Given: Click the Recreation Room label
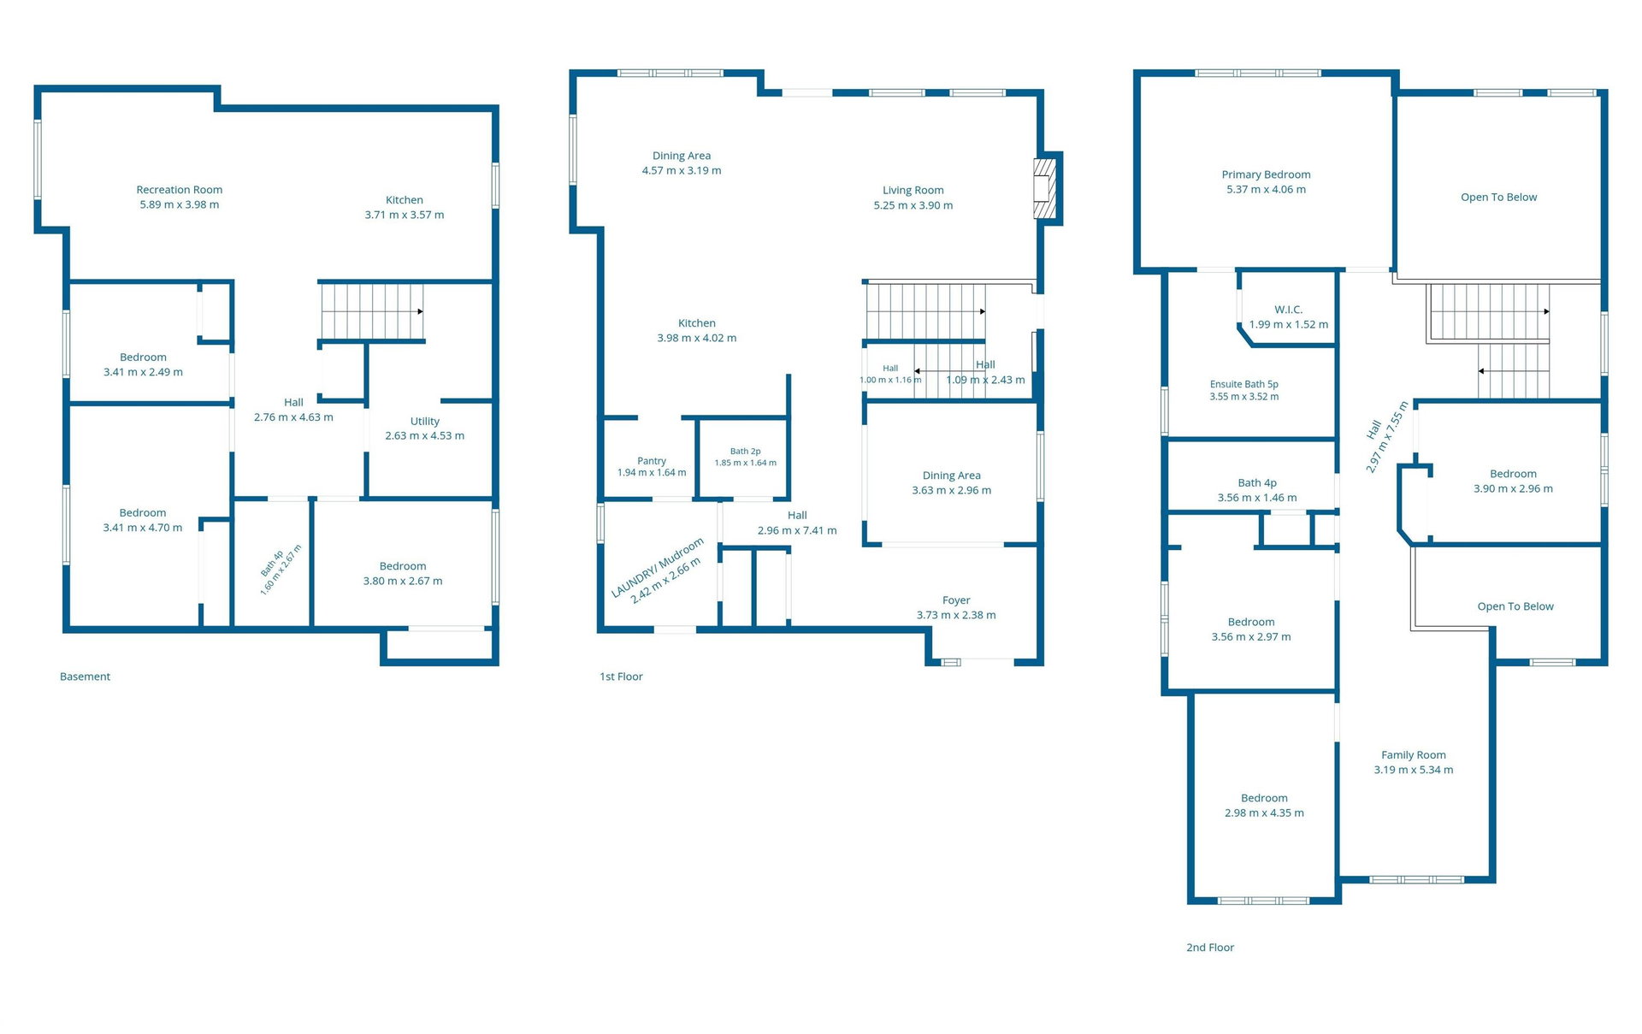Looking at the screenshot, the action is click(180, 190).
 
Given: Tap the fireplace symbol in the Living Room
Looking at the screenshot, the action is click(1045, 188).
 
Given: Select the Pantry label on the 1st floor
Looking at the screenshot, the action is click(652, 461).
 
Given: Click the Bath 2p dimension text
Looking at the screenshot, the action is click(746, 463).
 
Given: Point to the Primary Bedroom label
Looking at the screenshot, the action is click(1266, 174).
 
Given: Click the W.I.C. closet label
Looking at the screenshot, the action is click(1289, 310).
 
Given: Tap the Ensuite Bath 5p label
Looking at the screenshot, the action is click(1244, 384).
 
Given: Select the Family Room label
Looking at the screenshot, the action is click(1414, 755).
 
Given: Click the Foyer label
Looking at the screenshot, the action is click(956, 600).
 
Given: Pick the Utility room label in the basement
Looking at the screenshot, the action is click(425, 422).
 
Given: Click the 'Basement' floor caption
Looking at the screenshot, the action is click(85, 677).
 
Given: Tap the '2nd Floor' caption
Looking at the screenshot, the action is click(1210, 948).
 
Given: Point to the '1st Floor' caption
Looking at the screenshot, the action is click(621, 677).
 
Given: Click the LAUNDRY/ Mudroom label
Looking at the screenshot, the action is click(657, 567).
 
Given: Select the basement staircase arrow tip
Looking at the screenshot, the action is click(422, 311).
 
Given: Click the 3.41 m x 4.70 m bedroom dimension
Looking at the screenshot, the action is click(143, 528).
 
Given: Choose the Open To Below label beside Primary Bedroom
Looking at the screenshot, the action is click(1498, 198).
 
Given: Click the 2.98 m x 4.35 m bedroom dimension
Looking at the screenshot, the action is click(1264, 813).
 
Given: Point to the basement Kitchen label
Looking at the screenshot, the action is click(405, 200).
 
